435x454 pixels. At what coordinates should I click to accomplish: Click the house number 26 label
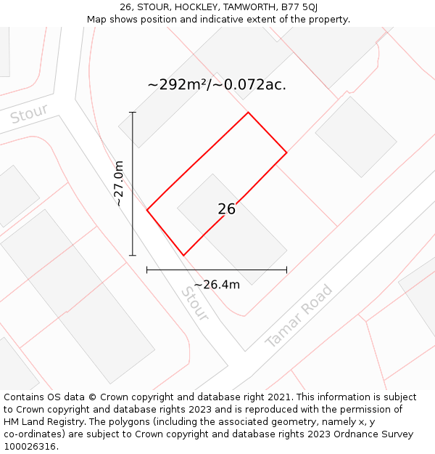coord(226,209)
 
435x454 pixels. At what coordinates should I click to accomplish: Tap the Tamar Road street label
coord(299,316)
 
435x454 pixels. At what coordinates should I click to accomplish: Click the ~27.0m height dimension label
coord(120,184)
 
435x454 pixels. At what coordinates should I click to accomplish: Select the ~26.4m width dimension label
coord(217,285)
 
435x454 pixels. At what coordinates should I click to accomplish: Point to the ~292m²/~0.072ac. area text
coord(217,85)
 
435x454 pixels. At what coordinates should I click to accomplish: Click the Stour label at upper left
coord(29,114)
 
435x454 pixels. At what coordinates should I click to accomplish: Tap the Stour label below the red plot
coord(194,304)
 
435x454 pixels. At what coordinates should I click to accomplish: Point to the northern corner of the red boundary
coord(249,113)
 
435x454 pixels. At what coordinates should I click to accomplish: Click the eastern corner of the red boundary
coord(286,153)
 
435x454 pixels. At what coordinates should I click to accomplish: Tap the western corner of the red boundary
coord(147,210)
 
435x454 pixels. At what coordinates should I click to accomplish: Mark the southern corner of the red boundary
coord(183,255)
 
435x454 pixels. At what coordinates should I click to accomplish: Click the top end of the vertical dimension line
coord(133,113)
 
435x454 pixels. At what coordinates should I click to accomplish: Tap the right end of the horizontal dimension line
coord(286,269)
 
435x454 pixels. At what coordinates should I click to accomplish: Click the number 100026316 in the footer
coord(30,446)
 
